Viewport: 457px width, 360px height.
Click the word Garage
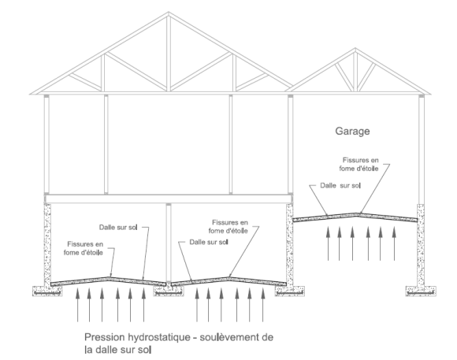click(x=352, y=132)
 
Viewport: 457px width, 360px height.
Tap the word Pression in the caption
click(x=104, y=337)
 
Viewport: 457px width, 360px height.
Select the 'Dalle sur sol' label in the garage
click(x=340, y=185)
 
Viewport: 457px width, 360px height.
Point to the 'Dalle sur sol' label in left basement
click(x=118, y=227)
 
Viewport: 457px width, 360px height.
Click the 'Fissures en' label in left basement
click(x=85, y=243)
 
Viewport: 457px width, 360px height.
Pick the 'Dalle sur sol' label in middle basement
click(x=209, y=242)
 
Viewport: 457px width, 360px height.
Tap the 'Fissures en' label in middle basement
click(x=230, y=222)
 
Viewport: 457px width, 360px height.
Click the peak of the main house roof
click(x=169, y=13)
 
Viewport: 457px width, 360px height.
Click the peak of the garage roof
click(x=355, y=49)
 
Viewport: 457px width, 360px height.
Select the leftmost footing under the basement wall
click(x=47, y=291)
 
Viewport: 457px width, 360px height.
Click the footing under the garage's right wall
click(x=421, y=291)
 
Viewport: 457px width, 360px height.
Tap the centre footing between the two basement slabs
click(x=169, y=291)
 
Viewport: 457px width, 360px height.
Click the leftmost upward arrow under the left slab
click(x=77, y=305)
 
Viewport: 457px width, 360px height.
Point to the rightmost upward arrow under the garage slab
click(x=394, y=243)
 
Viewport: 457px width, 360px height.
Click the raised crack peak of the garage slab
click(x=357, y=214)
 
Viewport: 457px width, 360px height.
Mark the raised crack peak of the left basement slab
click(x=109, y=278)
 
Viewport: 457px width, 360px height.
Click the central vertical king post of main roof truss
click(x=169, y=54)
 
